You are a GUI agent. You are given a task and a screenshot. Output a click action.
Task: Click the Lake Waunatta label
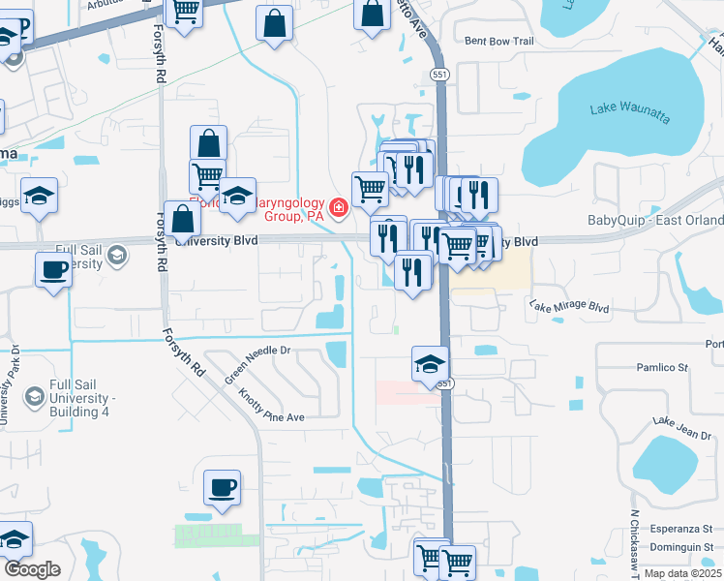click(x=629, y=113)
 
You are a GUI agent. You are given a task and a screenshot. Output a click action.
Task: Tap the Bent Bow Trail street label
click(x=499, y=42)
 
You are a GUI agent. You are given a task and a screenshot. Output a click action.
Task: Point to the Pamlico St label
click(x=661, y=368)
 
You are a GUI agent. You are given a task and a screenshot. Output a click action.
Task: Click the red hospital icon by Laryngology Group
click(x=339, y=206)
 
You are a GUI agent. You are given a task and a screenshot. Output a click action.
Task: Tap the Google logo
click(x=31, y=569)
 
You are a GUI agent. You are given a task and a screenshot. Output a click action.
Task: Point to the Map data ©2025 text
click(x=684, y=572)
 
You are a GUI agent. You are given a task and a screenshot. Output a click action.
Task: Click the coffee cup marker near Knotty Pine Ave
click(x=223, y=487)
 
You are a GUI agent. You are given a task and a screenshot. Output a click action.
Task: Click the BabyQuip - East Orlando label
click(x=655, y=220)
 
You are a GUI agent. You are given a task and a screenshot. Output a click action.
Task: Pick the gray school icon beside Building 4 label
click(x=34, y=396)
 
